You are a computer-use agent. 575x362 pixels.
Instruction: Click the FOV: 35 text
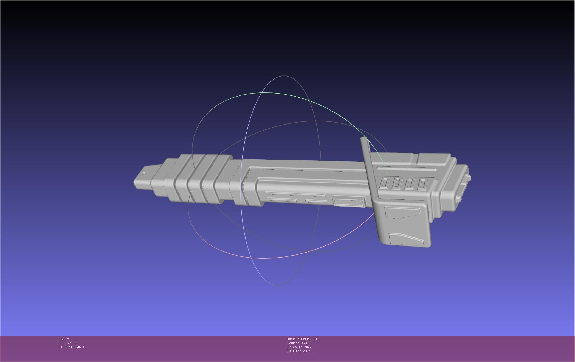pos(63,339)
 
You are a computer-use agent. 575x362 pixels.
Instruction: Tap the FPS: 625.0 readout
pos(66,343)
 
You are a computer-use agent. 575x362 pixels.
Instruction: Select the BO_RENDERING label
pos(71,347)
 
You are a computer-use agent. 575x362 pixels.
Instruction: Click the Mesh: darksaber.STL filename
pos(303,339)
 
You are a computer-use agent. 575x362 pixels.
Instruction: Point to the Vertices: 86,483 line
pos(299,343)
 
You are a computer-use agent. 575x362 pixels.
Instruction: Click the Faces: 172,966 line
pos(299,347)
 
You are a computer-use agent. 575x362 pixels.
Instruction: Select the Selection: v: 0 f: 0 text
pos(300,351)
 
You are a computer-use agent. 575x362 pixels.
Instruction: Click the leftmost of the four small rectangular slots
pos(384,183)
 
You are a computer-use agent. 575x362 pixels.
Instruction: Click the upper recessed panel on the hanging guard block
pos(402,212)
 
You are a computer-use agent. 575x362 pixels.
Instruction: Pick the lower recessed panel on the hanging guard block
pos(406,239)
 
